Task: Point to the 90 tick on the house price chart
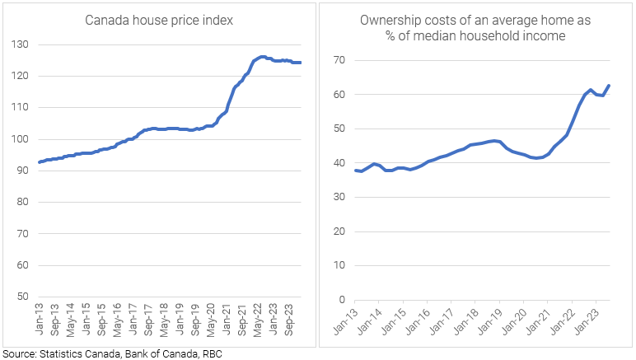coord(21,171)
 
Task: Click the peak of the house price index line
coord(262,57)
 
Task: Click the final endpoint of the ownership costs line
coord(609,85)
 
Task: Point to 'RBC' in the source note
coord(212,353)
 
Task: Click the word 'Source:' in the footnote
coord(20,353)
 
